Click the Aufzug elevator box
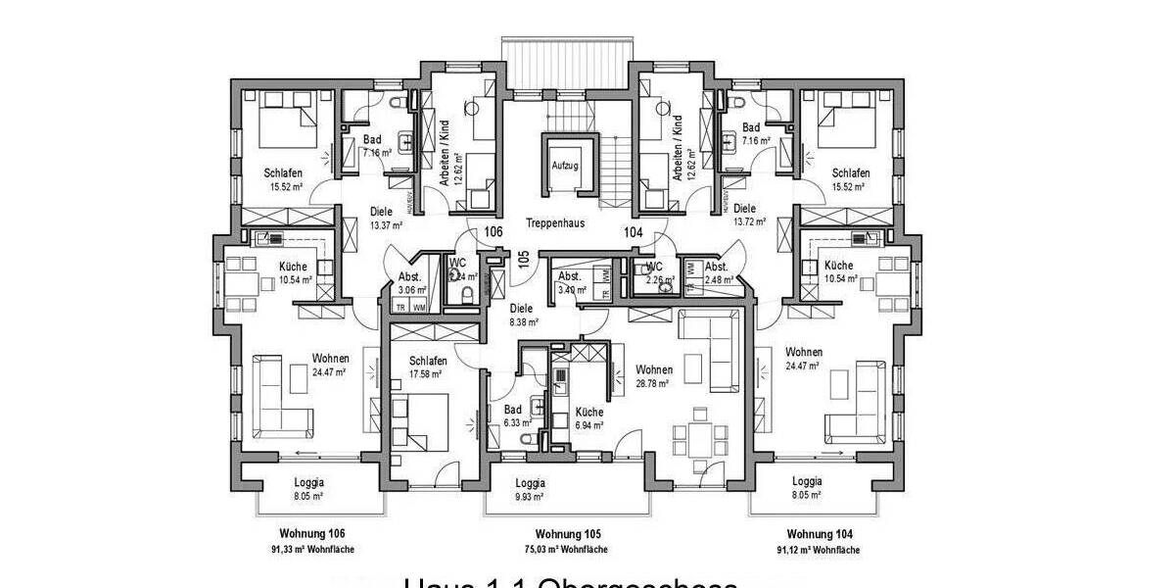click(x=564, y=166)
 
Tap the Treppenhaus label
click(x=554, y=222)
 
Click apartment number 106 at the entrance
click(x=493, y=232)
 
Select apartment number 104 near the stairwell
click(x=634, y=232)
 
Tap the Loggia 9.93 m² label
click(x=530, y=490)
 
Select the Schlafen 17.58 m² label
click(x=428, y=367)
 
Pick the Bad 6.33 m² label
click(x=513, y=416)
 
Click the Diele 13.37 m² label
click(x=381, y=217)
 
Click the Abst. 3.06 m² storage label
click(x=410, y=283)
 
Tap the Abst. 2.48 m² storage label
click(x=716, y=273)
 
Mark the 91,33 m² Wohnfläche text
click(x=311, y=551)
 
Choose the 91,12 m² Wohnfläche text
click(x=819, y=551)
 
